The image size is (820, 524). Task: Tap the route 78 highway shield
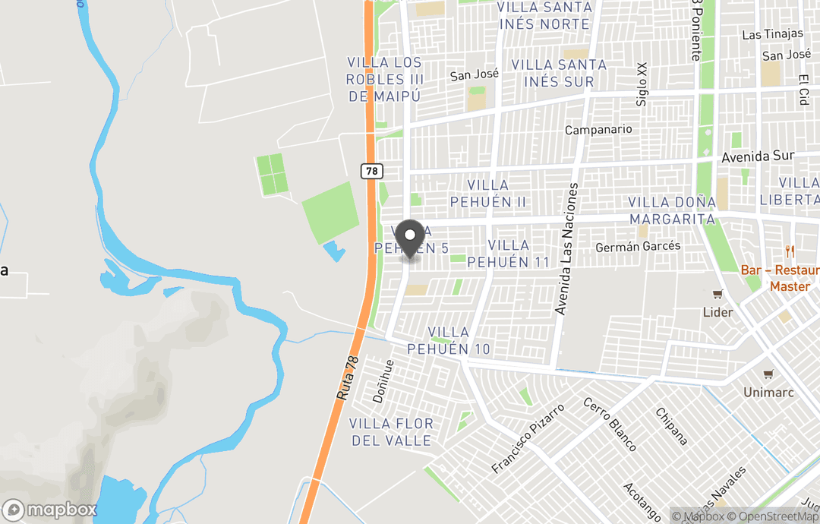pos(371,172)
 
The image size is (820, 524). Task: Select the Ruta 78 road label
pos(348,380)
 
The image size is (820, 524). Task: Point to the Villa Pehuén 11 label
pos(509,254)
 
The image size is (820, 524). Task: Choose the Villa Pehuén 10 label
pos(449,341)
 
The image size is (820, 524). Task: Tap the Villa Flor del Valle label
pos(391,432)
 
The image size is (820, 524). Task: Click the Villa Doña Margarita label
pos(673,210)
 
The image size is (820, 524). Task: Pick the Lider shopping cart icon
pos(717,295)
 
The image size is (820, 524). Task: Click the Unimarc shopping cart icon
pos(768,374)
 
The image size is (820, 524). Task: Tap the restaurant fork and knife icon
pos(790,252)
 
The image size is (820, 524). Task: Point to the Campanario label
pos(598,130)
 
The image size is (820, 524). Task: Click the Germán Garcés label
pos(638,247)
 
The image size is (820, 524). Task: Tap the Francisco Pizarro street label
pos(528,439)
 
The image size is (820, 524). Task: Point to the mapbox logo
pos(50,509)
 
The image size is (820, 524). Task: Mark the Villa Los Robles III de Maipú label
pos(385,79)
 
